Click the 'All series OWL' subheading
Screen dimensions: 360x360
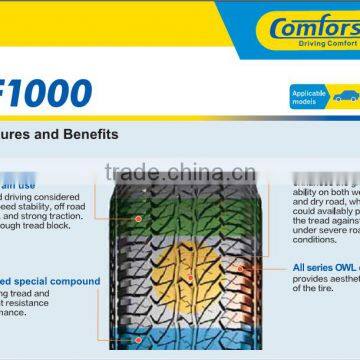point(326,269)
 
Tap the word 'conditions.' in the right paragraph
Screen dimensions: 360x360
point(314,239)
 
